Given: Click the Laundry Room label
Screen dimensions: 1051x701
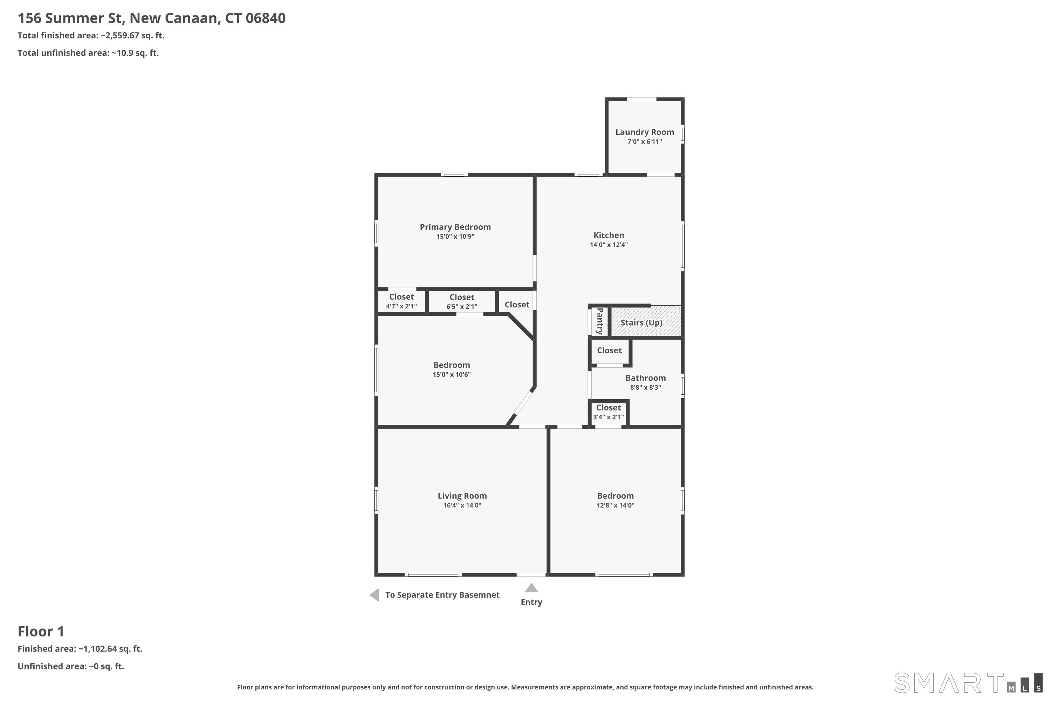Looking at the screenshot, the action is pos(644,132).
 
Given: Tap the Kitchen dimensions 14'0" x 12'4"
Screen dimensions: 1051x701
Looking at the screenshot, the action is pos(609,245).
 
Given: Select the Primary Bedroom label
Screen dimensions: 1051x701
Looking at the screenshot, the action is pos(455,227).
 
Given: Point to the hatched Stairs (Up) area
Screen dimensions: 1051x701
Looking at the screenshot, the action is pos(646,321).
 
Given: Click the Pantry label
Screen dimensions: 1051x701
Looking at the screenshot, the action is pos(600,321).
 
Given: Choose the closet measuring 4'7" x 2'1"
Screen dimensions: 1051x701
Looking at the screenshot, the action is pos(401,301).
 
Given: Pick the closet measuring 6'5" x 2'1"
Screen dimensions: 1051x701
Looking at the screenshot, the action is pos(462,302).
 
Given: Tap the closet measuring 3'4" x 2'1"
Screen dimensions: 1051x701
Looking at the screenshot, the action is pos(608,412).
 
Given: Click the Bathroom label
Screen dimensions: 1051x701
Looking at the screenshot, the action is pos(645,378).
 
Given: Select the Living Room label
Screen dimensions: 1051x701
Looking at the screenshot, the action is pos(462,496).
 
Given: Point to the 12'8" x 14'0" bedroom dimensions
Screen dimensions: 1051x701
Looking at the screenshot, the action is pos(615,505).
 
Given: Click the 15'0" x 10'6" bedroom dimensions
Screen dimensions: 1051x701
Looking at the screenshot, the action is pos(451,374).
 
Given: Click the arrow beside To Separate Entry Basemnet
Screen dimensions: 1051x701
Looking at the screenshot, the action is pos(375,595).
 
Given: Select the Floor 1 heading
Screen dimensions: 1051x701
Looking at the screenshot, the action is pos(41,631).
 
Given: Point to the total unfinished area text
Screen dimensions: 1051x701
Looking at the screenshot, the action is pos(88,53).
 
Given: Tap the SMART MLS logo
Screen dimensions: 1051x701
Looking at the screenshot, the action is pos(968,683).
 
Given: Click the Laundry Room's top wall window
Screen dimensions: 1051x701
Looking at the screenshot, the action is pos(641,99).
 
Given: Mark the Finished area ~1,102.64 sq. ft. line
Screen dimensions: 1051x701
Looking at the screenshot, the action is pos(80,649).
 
